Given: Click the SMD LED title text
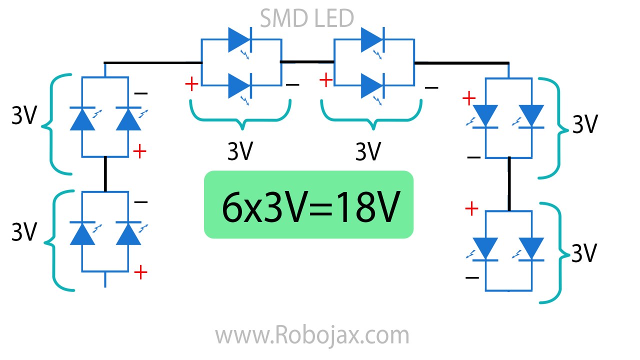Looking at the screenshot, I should tap(307, 18).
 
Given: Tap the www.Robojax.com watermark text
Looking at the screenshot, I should tap(312, 335).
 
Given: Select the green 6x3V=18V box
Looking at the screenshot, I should tap(308, 204).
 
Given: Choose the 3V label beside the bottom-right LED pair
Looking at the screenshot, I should tap(584, 254).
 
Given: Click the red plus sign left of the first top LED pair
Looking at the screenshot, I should tap(191, 84).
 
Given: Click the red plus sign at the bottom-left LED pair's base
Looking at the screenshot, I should tap(141, 272).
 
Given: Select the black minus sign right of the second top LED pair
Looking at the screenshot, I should tap(431, 88).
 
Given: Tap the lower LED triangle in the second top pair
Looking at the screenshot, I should tap(371, 86).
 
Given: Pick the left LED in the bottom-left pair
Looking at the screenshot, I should tap(82, 233).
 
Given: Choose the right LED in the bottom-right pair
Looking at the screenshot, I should tap(531, 248).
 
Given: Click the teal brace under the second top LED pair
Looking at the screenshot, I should tap(370, 112).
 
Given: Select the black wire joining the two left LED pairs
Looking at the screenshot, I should tap(105, 173).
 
